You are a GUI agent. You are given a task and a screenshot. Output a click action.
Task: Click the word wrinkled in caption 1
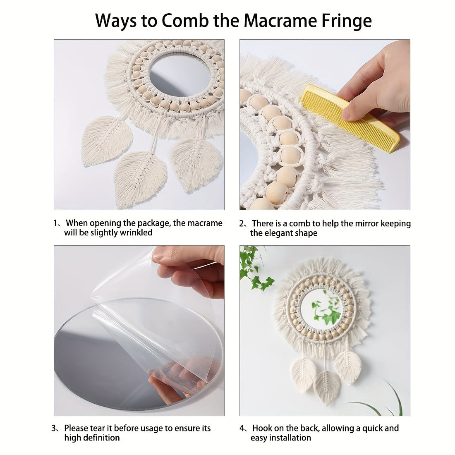(x=136, y=232)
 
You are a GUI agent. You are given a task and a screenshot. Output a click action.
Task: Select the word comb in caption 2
(x=300, y=223)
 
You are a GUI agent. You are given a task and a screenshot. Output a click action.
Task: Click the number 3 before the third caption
(x=54, y=428)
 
